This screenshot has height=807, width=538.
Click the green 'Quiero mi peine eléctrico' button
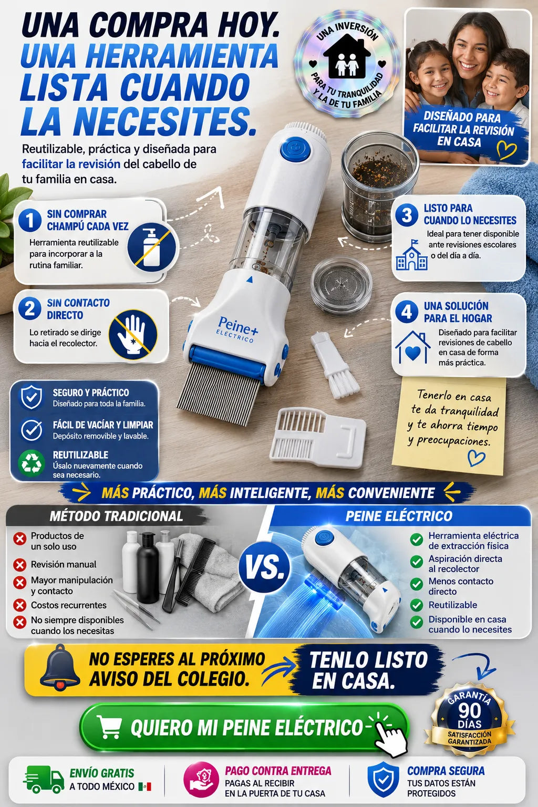point(244,727)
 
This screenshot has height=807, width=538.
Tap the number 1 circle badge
point(30,220)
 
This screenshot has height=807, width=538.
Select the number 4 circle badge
point(407,312)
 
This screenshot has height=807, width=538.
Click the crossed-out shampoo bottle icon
point(152,247)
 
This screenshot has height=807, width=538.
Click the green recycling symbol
point(32,463)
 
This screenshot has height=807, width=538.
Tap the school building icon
point(411,255)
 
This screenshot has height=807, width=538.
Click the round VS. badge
point(264,568)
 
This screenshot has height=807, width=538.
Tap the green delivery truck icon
point(44,779)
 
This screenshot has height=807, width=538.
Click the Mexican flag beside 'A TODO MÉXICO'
point(145,787)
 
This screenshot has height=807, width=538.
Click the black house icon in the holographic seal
point(347,56)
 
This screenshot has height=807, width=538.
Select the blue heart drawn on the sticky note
point(476,458)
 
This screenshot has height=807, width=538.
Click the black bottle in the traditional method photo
point(148,567)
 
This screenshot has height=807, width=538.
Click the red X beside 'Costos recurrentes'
point(20,605)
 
